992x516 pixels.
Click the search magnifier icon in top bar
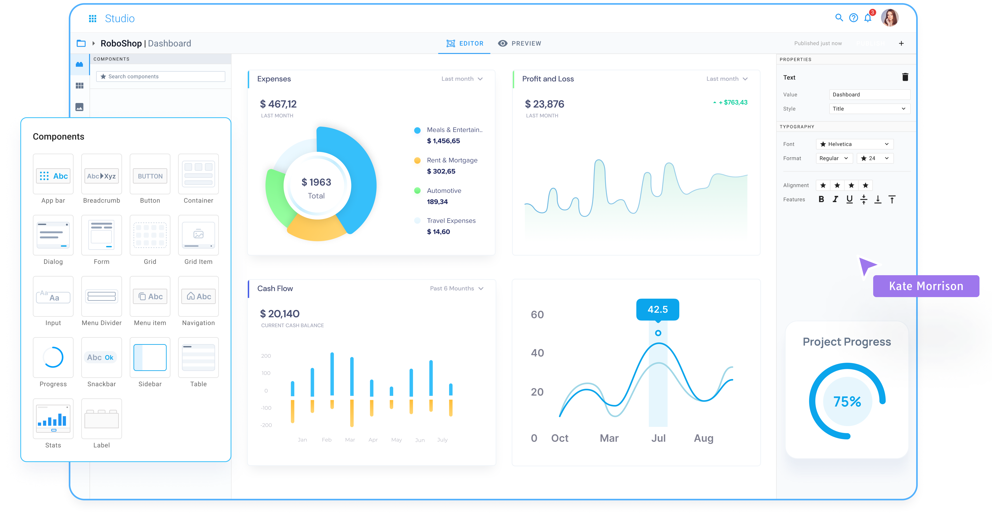(839, 18)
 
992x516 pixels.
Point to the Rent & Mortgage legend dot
(417, 161)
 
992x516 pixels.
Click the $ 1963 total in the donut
(316, 182)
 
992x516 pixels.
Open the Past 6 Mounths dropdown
(456, 288)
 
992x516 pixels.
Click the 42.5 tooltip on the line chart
(657, 309)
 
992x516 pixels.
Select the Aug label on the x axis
(704, 438)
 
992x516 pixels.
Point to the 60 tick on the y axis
(537, 315)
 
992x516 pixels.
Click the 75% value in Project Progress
(847, 402)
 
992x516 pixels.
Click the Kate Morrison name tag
(926, 286)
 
